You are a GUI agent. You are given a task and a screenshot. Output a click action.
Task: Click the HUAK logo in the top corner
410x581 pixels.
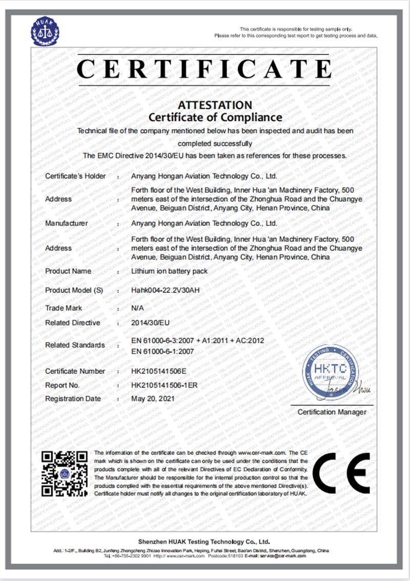point(46,31)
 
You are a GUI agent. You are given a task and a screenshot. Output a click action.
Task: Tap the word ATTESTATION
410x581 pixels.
point(215,105)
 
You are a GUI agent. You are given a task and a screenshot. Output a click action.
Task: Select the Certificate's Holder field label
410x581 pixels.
point(75,176)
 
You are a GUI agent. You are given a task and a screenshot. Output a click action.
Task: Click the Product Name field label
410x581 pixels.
point(68,271)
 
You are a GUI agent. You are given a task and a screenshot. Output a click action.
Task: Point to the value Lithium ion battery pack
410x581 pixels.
point(170,271)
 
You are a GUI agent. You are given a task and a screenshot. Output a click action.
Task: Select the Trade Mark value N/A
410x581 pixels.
point(138,308)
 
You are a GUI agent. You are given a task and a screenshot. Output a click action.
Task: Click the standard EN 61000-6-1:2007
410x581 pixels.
point(162,351)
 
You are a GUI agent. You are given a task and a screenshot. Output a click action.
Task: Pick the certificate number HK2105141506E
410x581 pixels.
point(159,371)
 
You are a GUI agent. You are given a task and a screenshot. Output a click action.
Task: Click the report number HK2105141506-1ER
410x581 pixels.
point(165,385)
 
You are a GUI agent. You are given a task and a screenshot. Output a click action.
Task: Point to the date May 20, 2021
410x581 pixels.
point(153,399)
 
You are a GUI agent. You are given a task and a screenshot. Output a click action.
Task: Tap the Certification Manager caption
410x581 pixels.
point(332,412)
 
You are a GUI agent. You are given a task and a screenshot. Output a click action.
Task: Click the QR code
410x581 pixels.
point(65,473)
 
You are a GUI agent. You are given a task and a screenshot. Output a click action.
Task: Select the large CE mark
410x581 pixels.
point(341,473)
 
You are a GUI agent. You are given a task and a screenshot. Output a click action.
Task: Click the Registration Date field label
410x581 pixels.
point(73,399)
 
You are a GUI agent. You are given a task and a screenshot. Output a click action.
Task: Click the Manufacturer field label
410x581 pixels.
point(67,224)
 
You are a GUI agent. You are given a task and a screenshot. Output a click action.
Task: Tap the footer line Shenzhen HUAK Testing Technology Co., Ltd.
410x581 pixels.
point(204,542)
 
